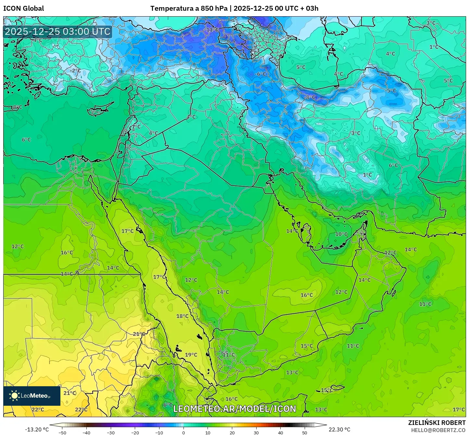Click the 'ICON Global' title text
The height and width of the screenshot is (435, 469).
coord(23,8)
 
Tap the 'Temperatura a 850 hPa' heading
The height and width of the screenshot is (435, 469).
coord(189,8)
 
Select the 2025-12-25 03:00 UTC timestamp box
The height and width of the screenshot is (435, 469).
coord(58,32)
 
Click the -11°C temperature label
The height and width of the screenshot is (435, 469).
coord(213,30)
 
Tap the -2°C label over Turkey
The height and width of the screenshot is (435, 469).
coord(75,71)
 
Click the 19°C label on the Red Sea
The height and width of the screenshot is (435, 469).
coord(191,355)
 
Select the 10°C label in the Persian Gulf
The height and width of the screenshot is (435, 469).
coord(341,234)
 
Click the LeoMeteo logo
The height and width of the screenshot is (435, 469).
coord(32,396)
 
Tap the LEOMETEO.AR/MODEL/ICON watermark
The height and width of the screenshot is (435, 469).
coord(234,409)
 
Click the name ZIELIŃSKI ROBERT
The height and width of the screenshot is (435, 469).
coord(437,423)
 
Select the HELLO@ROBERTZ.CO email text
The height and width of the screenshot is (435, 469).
coord(438,430)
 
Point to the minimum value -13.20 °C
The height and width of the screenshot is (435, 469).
coord(37,429)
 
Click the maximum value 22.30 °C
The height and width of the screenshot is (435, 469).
coord(339,429)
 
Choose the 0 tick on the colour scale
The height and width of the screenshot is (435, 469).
coord(184,433)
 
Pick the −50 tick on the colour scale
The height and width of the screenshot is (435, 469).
coord(62,433)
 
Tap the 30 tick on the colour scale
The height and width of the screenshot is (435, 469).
coord(256,433)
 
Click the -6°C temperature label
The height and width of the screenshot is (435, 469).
coord(260,74)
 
